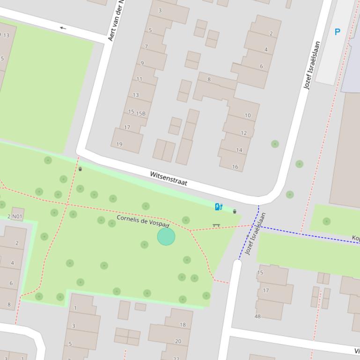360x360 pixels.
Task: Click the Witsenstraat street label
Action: pos(169,179)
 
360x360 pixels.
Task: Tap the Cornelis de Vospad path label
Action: pos(143,221)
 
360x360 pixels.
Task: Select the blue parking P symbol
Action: pos(337,32)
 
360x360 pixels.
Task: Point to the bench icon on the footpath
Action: pos(216,225)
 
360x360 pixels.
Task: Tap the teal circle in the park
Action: pos(166,237)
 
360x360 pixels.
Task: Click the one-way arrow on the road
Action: pos(63,28)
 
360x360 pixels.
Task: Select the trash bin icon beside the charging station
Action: pos(235,211)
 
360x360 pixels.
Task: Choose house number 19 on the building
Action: pos(119,144)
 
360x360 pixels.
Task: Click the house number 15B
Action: pos(140,113)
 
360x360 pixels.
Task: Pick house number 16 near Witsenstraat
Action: pos(235,166)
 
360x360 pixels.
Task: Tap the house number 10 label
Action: pos(247,115)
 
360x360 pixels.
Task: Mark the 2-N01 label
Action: pos(15,216)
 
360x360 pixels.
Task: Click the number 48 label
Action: pos(257,316)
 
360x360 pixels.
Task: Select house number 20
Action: pos(178,341)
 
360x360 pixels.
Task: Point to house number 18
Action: pos(183,324)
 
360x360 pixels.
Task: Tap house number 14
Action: pos(239,150)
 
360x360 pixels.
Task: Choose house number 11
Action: pos(139,79)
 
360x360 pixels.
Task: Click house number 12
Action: pos(243,133)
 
